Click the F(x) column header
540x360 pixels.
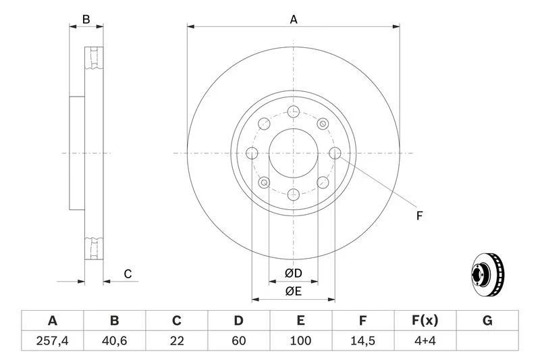[x=425, y=321]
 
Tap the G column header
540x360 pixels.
[x=487, y=321]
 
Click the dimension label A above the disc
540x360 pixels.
[x=294, y=20]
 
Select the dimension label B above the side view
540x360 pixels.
[x=86, y=20]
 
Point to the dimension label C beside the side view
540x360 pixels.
[x=127, y=274]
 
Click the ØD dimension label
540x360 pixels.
[x=293, y=274]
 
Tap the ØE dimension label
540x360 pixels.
[x=293, y=292]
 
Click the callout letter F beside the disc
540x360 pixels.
[x=418, y=216]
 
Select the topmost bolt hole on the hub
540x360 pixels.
[x=293, y=112]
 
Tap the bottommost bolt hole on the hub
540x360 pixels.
[x=293, y=195]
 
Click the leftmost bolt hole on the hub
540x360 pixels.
[x=252, y=153]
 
